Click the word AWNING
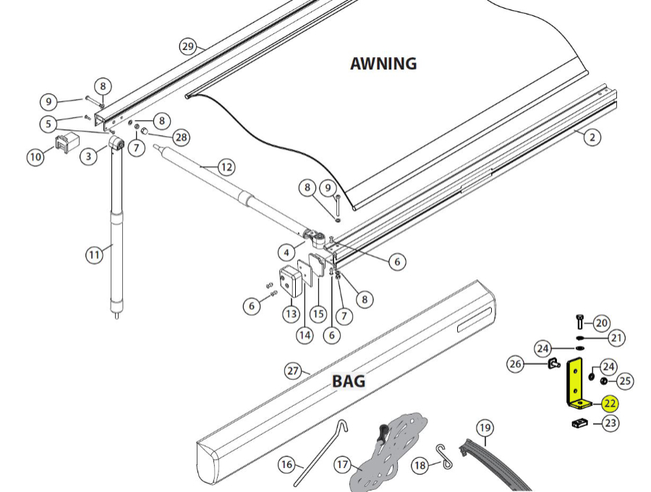tap(383, 63)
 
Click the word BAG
tap(349, 381)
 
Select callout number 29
tap(188, 46)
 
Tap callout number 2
tap(592, 137)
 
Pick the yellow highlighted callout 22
tap(610, 404)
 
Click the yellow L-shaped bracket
tap(576, 383)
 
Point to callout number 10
tap(35, 156)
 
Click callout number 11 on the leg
tap(95, 255)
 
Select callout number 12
tap(226, 167)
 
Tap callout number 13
tap(291, 314)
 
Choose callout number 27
tap(292, 371)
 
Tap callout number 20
tap(602, 323)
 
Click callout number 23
tap(611, 423)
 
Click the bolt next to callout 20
tap(579, 321)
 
